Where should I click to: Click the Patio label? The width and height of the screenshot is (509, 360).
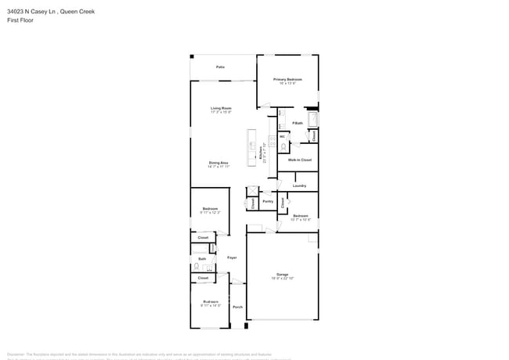coord(221,67)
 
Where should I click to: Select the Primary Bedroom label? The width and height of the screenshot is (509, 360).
coord(287,79)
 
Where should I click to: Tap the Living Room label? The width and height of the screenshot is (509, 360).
coord(221,108)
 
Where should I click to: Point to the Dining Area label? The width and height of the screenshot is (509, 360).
coord(218,163)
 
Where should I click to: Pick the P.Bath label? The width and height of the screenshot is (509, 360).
coord(298,123)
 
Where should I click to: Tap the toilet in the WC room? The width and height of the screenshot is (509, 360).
coord(283,146)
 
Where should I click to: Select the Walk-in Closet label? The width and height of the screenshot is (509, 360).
coord(299,160)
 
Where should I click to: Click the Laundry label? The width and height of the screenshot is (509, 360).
coord(299,185)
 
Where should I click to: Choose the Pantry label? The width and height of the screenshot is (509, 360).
coord(268,201)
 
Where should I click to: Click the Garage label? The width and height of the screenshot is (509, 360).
coord(282,274)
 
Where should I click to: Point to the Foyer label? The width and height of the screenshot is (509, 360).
coord(232,257)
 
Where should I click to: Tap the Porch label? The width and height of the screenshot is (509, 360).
coord(237,307)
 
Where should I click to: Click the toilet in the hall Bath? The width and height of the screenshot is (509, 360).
coord(197,266)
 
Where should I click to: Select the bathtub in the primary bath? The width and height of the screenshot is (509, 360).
coord(313,120)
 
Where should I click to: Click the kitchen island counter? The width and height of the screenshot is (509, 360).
coord(252,147)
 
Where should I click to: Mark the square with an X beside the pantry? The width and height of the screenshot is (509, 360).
coord(252,190)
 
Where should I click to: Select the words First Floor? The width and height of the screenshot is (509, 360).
coord(20,20)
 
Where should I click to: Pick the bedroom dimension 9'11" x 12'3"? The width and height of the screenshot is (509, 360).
coord(210,213)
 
